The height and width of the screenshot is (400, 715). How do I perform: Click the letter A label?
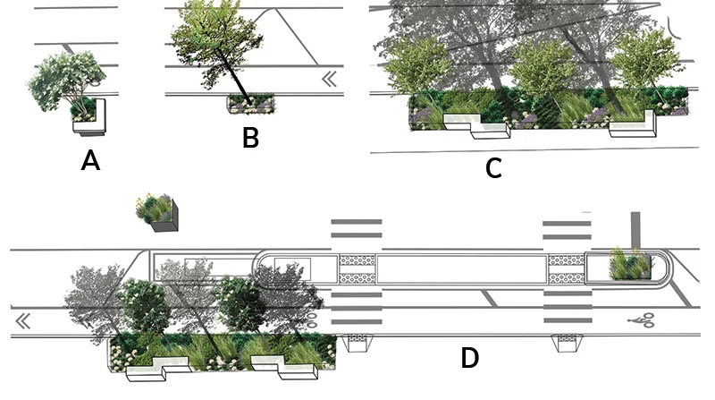coord(89,160)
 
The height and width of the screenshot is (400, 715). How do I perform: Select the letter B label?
coord(250,138)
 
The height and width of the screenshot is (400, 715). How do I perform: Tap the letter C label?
coord(493,167)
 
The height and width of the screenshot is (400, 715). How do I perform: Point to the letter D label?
coord(470,358)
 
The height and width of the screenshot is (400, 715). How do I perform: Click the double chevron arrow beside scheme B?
coord(330,80)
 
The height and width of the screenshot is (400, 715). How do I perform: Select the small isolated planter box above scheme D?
coord(158,212)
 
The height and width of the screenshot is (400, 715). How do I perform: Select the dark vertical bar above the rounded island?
coord(634,227)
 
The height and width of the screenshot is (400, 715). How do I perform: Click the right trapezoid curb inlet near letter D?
coord(567,342)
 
